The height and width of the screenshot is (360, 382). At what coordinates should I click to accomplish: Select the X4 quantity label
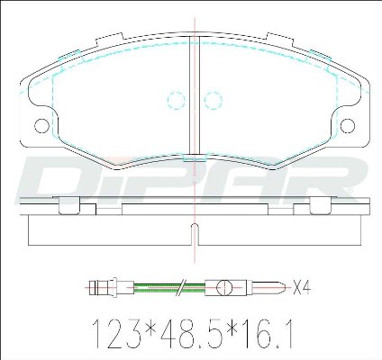coord(302,288)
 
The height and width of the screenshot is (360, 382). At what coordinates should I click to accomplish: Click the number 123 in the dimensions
coord(116,333)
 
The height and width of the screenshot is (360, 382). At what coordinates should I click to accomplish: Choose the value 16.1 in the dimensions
coord(268,333)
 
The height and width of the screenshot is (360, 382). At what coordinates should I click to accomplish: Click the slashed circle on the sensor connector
coord(224,288)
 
